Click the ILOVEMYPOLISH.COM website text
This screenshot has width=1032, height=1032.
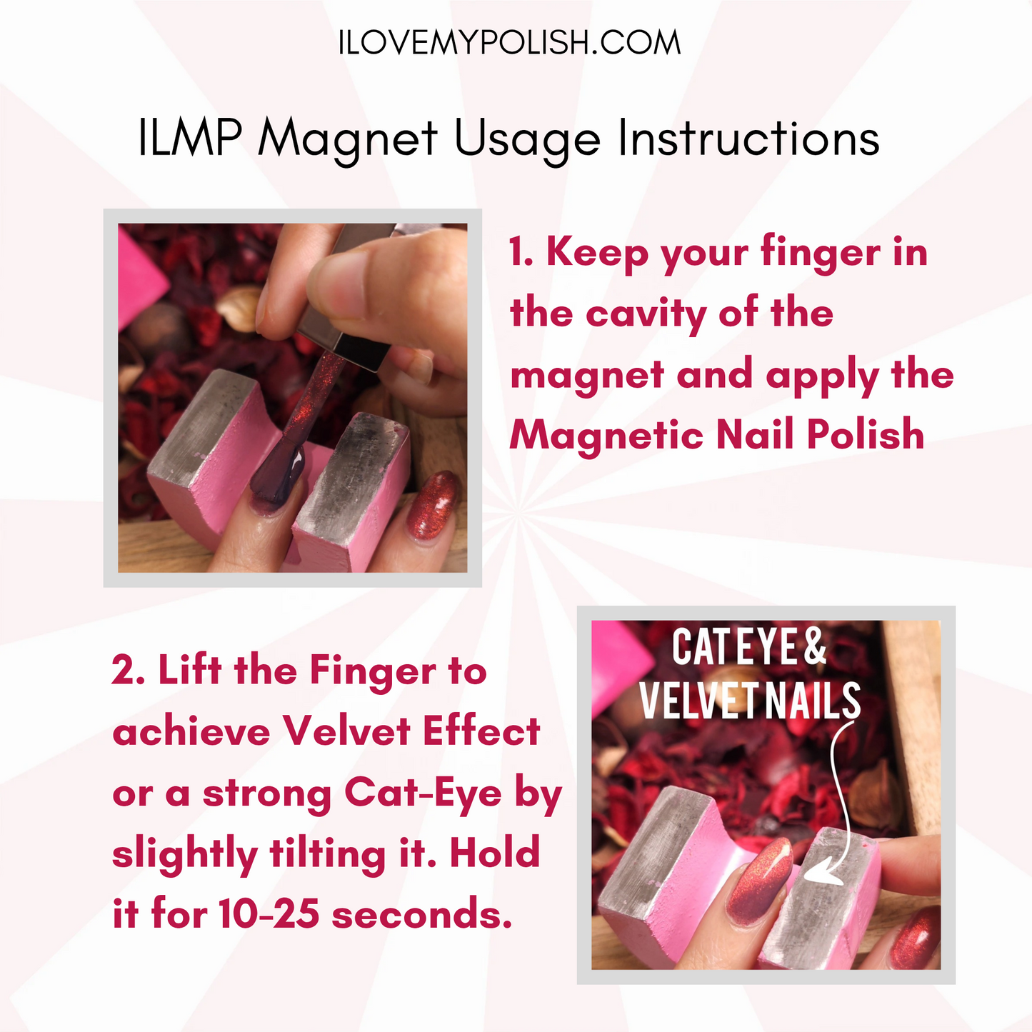point(509,43)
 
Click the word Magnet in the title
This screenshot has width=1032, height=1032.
point(348,139)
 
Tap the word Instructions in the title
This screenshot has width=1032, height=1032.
point(748,137)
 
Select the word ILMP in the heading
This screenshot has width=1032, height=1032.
point(190,137)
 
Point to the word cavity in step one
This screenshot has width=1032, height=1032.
point(647,314)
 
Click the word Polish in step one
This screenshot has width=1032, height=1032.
point(866,434)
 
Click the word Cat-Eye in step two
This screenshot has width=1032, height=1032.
point(423,792)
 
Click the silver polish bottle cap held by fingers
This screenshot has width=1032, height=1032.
point(343,300)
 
